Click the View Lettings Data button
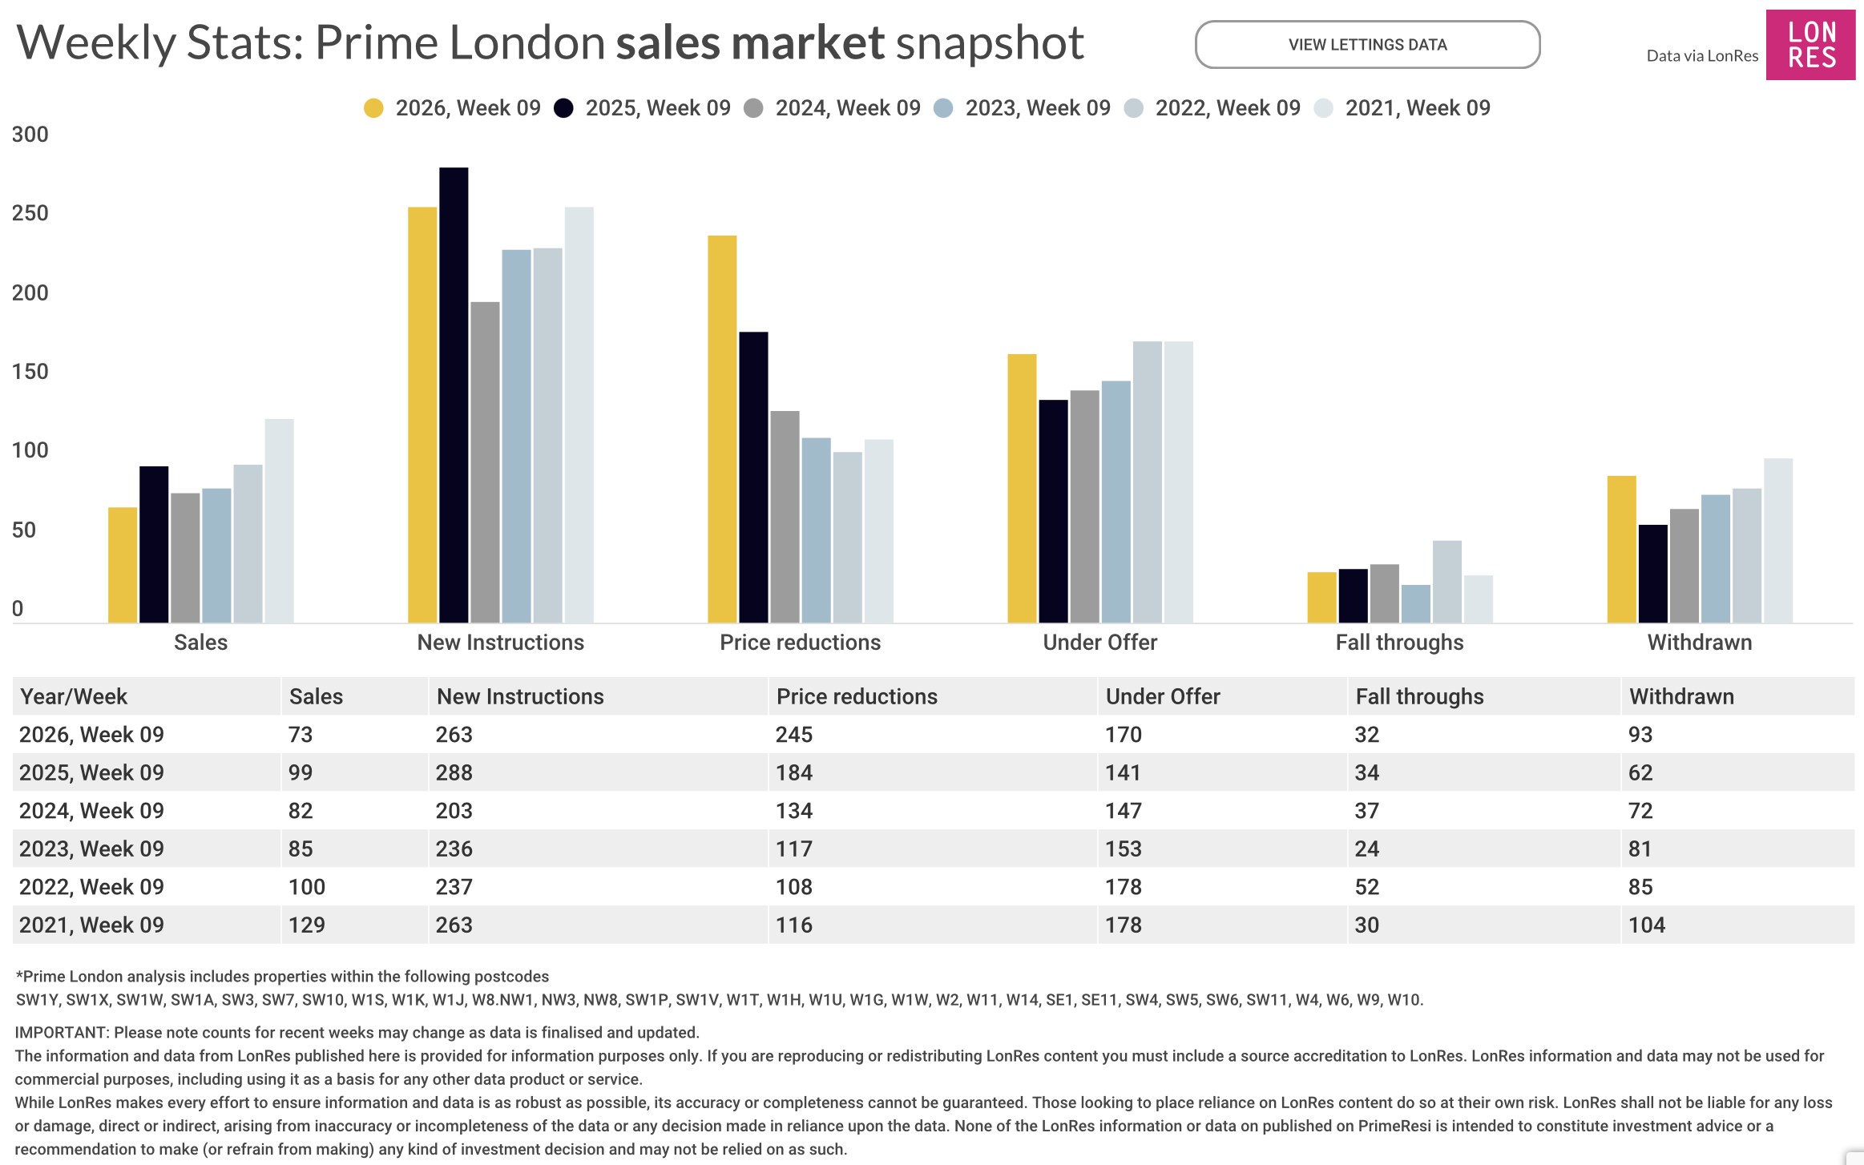[x=1367, y=45]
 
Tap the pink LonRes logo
[x=1810, y=45]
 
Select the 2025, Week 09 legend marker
[x=564, y=108]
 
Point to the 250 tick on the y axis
[x=30, y=213]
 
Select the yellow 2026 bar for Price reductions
[x=722, y=429]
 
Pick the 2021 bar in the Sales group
[x=279, y=520]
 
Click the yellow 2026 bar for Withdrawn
[x=1621, y=549]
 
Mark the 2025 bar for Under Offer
[x=1053, y=510]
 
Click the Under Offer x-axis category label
[x=1099, y=643]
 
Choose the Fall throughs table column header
[x=1419, y=696]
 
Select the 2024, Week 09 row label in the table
[x=91, y=811]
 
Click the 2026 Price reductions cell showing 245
[x=794, y=735]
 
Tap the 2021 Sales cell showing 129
[x=307, y=925]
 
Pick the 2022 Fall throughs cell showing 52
[x=1367, y=887]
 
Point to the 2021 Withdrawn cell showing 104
[x=1647, y=925]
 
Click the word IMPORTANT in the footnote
[x=61, y=1033]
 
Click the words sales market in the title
[x=750, y=42]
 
